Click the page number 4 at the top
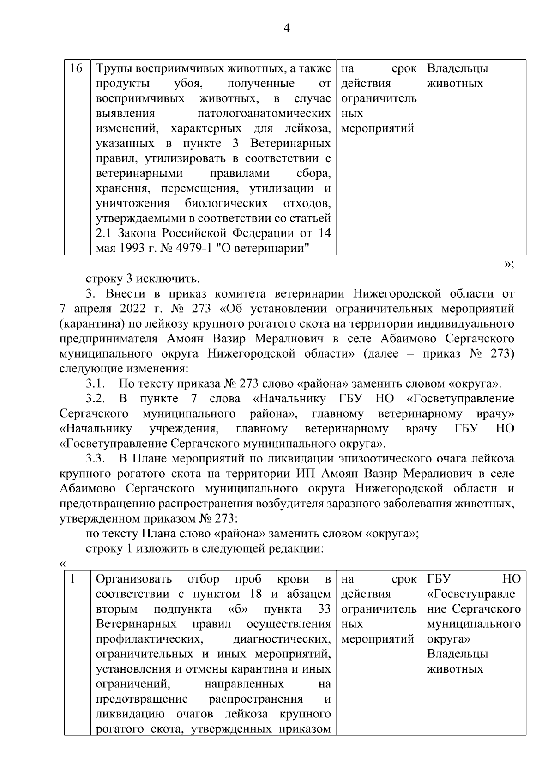(x=286, y=28)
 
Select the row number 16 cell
(x=76, y=69)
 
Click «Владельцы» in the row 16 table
(x=458, y=69)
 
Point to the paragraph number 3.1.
(x=96, y=383)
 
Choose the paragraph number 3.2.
(x=96, y=399)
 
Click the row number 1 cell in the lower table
(x=72, y=579)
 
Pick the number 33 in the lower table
(x=325, y=609)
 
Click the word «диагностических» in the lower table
(x=282, y=639)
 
